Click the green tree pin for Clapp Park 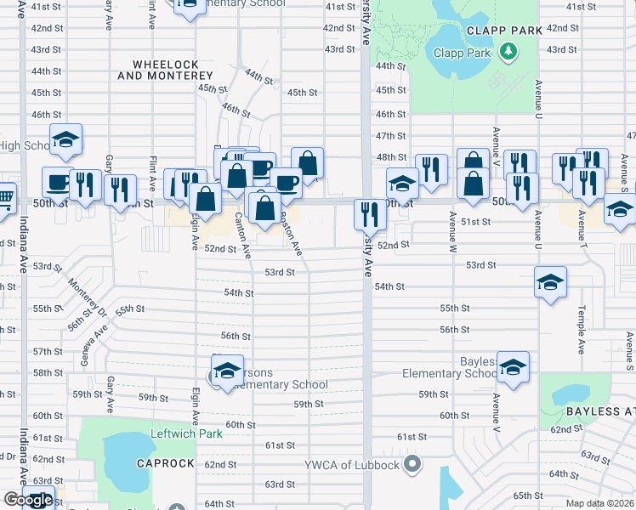[509, 52]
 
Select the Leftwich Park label [187, 433]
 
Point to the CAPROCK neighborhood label [161, 463]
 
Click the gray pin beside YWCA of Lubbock [413, 464]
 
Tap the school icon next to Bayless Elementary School [513, 366]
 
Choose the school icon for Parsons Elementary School [227, 371]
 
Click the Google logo [28, 500]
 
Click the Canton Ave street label [242, 235]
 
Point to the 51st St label [476, 221]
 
